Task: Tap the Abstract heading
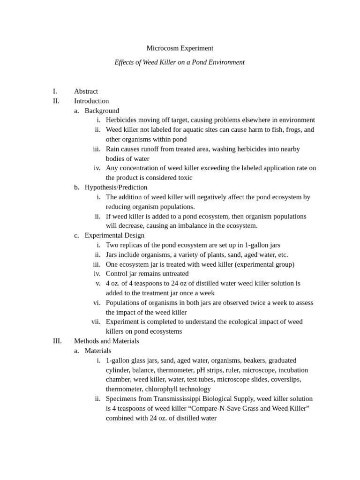(86, 91)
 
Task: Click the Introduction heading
(91, 101)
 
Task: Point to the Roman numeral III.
(57, 341)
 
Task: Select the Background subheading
(102, 111)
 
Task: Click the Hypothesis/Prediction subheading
(116, 187)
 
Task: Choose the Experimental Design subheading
(114, 235)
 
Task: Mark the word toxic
(184, 178)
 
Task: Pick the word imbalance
(203, 225)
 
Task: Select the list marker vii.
(96, 322)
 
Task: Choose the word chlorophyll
(161, 389)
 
